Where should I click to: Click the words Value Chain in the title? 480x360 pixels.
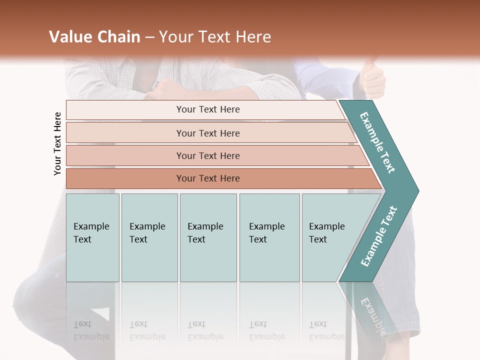pos(94,37)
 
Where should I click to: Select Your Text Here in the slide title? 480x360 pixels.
pos(215,37)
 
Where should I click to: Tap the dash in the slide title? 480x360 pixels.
pos(149,37)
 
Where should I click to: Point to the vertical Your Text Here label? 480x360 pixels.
pos(58,143)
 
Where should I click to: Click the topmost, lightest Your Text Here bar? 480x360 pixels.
pos(208,109)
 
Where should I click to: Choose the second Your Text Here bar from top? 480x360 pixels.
pos(208,133)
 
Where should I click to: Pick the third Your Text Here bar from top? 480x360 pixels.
pos(208,155)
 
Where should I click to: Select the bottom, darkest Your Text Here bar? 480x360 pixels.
pos(208,178)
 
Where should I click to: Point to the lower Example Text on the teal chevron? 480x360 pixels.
pos(379,236)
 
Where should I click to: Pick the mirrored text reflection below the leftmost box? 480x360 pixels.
pos(91,330)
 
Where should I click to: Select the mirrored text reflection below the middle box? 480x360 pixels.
pos(205,330)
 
